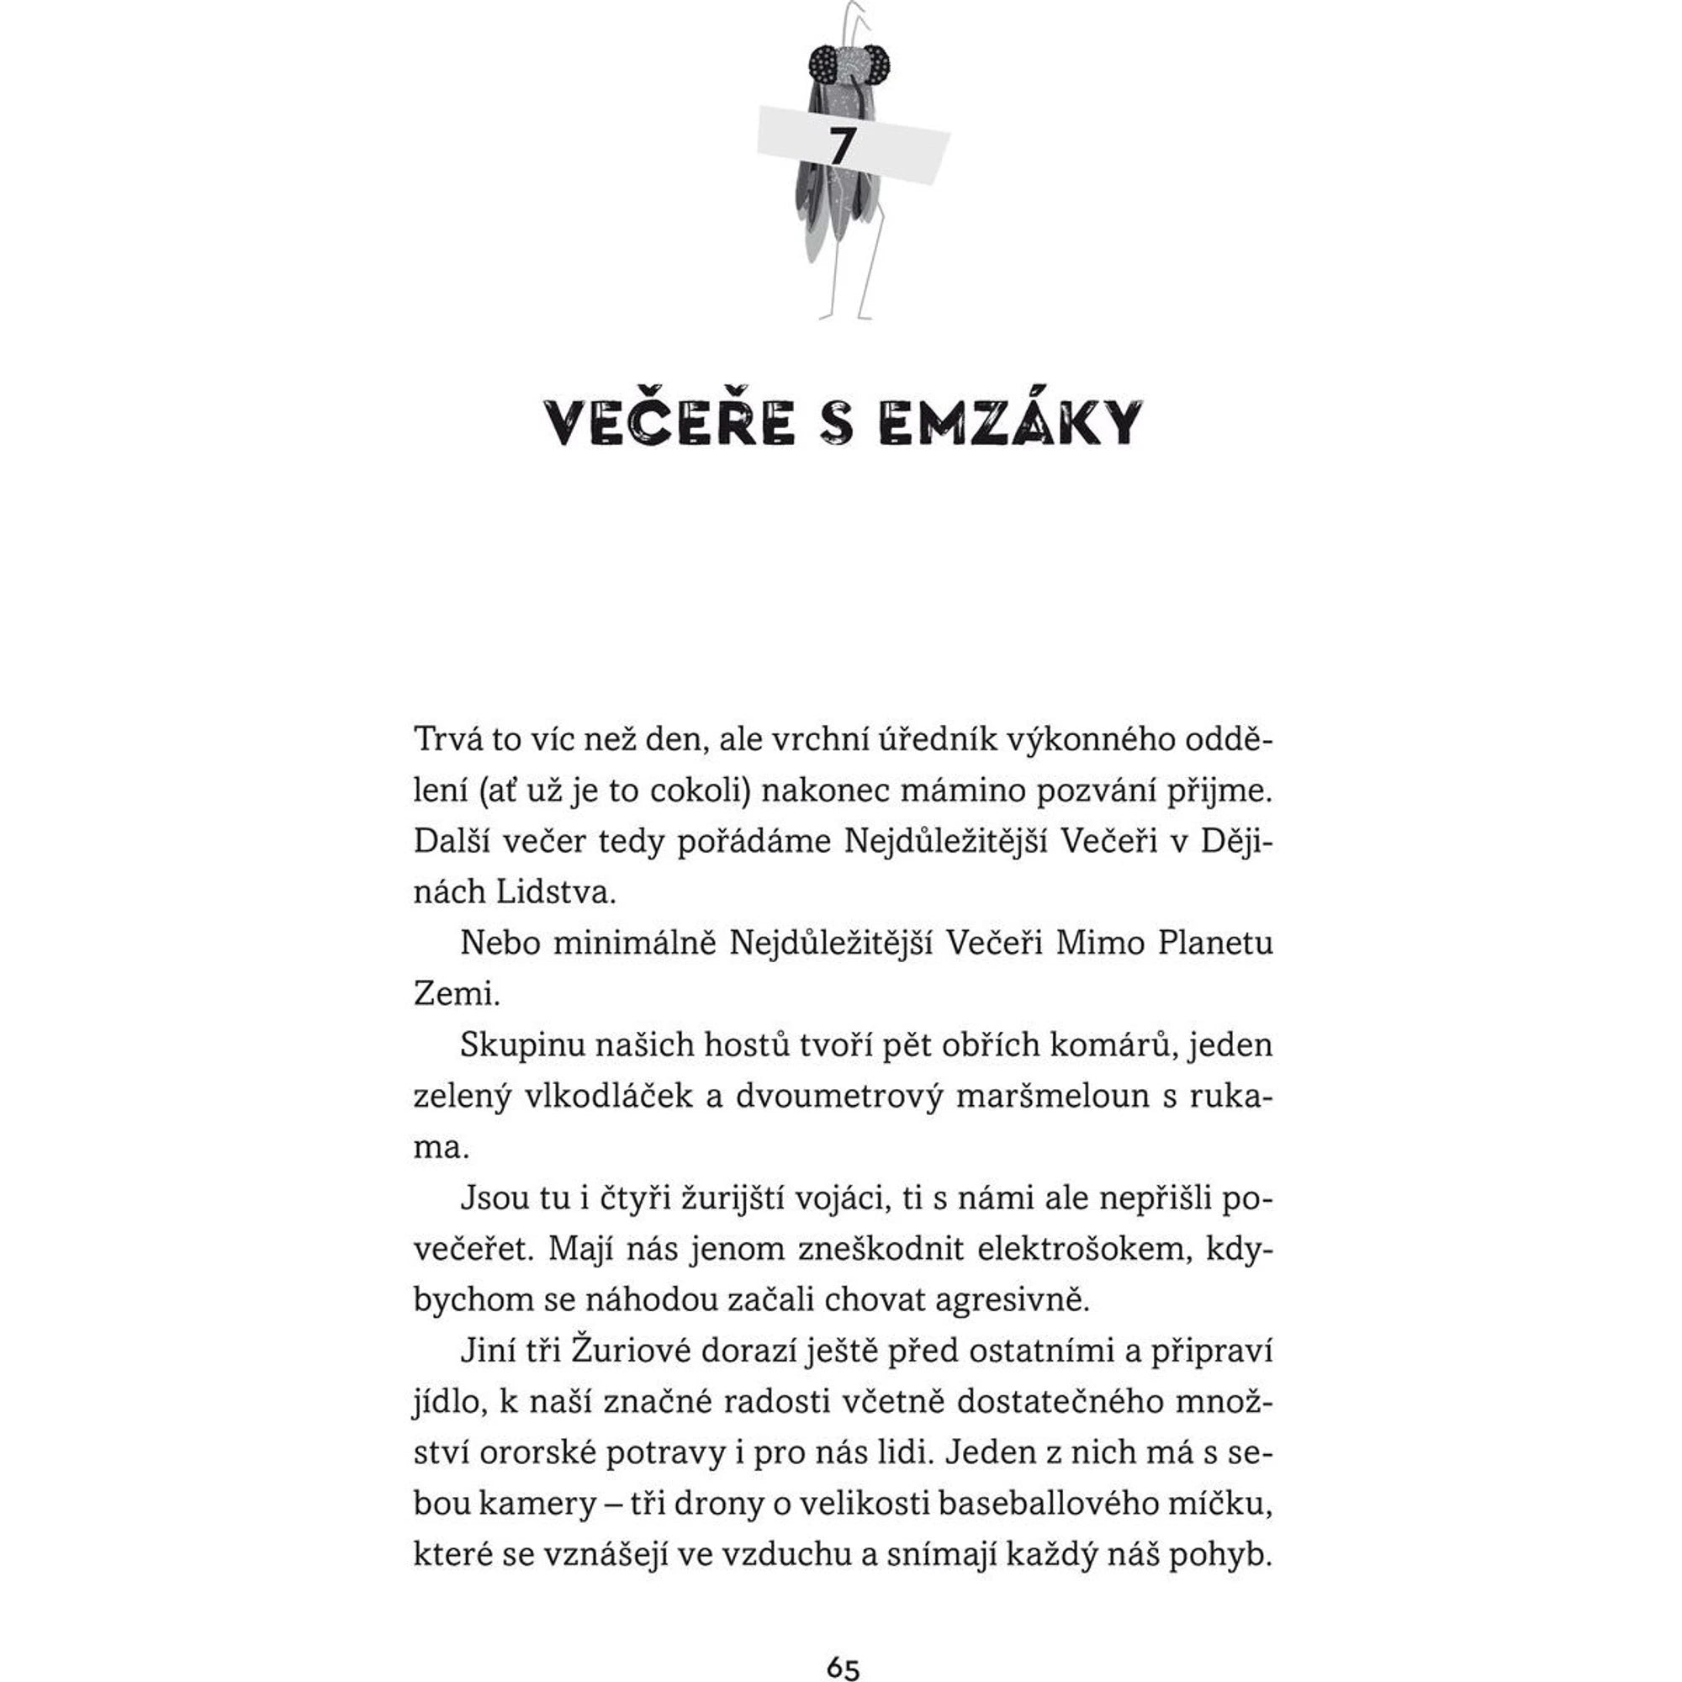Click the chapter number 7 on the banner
tap(840, 146)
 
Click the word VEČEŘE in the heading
tap(670, 423)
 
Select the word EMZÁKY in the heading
tap(1010, 423)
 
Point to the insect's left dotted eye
tap(822, 64)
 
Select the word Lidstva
tap(555, 892)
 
